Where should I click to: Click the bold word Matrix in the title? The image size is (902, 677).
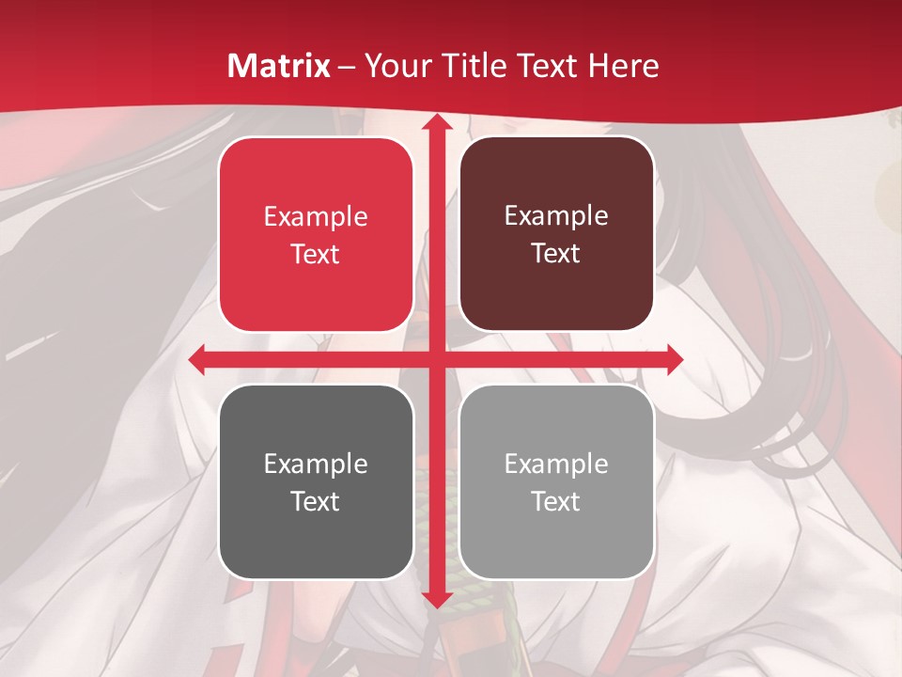click(x=279, y=66)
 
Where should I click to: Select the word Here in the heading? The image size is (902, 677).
click(x=623, y=66)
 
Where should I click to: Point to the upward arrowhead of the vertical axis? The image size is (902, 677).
click(x=436, y=122)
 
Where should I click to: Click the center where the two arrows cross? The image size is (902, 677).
click(x=436, y=359)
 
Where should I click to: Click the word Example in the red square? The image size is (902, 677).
click(x=316, y=217)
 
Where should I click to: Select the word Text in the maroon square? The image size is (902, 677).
click(x=556, y=254)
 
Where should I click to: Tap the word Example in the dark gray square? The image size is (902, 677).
click(x=316, y=464)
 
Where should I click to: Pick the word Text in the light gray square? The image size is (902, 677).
click(x=556, y=501)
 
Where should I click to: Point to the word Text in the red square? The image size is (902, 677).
click(x=316, y=255)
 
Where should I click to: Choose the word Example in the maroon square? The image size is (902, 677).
click(x=556, y=216)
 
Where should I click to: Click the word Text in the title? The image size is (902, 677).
click(x=549, y=66)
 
